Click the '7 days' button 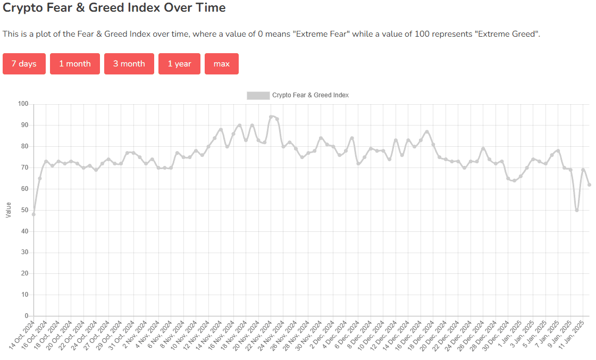pos(24,64)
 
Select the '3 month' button pos(129,64)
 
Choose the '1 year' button pos(179,64)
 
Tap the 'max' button pos(221,64)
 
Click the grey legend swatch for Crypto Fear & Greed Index pos(258,95)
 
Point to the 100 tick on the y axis pos(22,104)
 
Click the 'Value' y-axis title pos(8,210)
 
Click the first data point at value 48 pos(33,214)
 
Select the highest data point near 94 pos(271,116)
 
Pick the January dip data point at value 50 pos(577,210)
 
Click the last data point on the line pos(589,185)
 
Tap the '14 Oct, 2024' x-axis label pos(22,334)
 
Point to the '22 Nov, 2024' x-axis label pos(259,334)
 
